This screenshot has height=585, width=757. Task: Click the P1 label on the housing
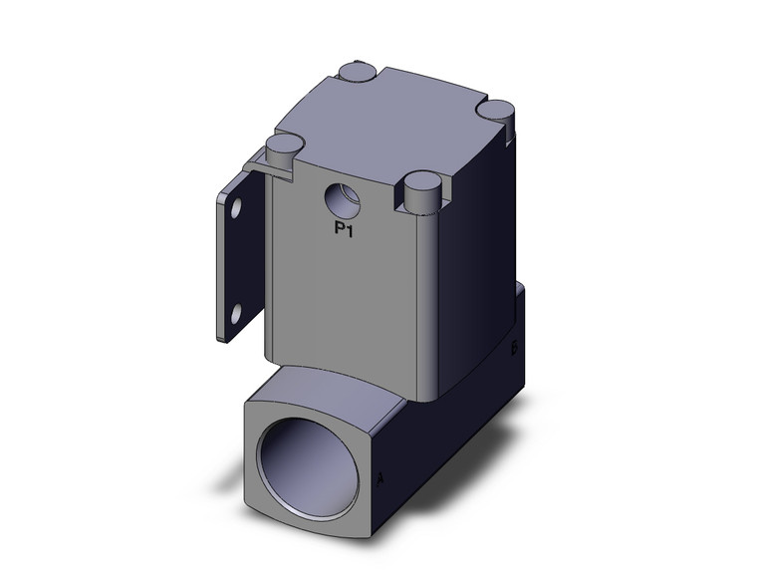[x=344, y=231]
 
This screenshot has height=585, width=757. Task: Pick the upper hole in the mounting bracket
[x=236, y=210]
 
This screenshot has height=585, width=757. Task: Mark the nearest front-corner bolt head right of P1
[x=422, y=186]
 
